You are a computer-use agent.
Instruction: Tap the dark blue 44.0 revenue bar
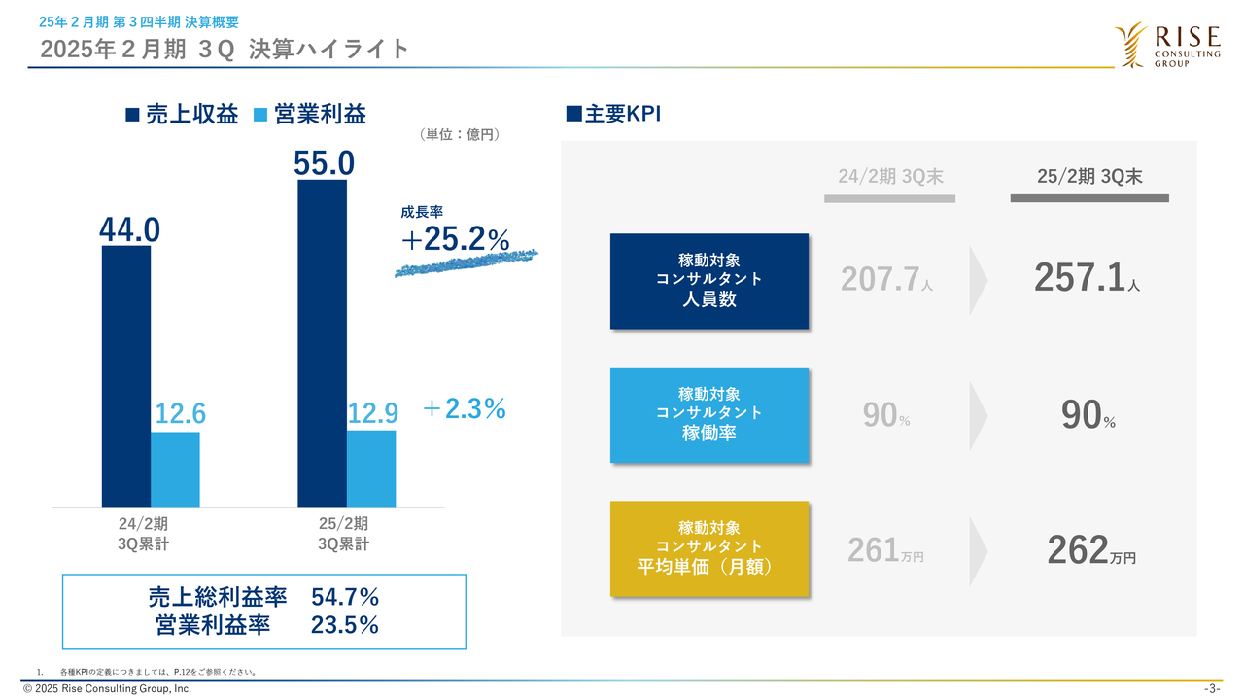coord(126,375)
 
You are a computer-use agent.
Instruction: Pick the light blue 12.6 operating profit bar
coord(175,469)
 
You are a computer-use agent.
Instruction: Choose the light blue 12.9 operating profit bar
coord(371,468)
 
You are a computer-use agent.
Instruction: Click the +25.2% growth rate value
coord(454,240)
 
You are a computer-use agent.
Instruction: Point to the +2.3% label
coord(465,409)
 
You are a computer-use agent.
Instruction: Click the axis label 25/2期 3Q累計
coord(344,534)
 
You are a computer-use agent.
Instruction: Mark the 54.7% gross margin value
coord(345,596)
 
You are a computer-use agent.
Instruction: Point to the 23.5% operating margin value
coord(345,625)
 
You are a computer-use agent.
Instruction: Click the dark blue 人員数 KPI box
coord(708,281)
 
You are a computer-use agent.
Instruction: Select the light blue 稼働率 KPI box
coord(708,414)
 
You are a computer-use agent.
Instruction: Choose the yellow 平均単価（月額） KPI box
coord(708,548)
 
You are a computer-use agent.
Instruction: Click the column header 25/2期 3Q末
coord(1088,176)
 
